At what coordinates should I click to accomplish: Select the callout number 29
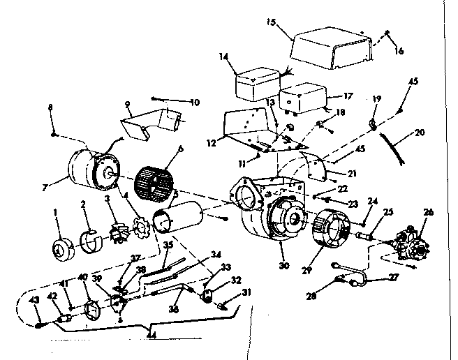(x=304, y=268)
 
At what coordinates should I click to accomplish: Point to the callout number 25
(x=388, y=211)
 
